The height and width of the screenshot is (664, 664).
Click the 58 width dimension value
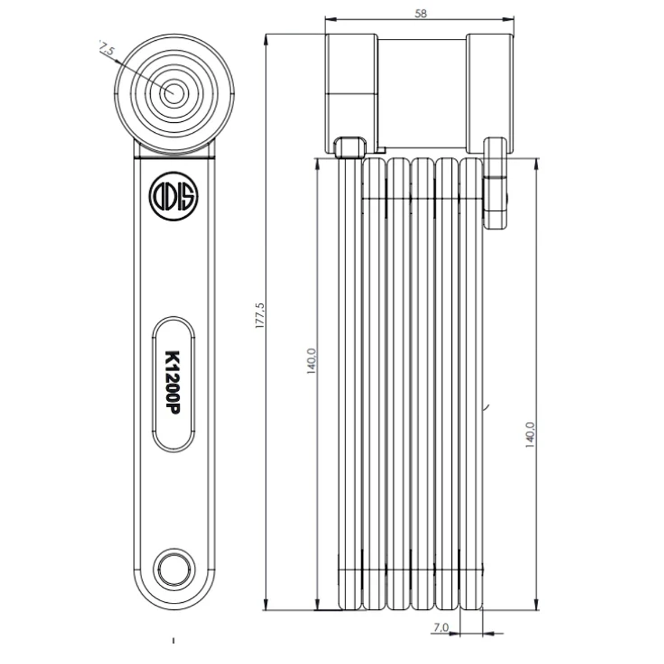point(421,13)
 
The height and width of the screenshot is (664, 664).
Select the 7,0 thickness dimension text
point(441,628)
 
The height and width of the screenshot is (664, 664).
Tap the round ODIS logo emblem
point(174,195)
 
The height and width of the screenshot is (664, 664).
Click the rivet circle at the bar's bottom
point(173,565)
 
